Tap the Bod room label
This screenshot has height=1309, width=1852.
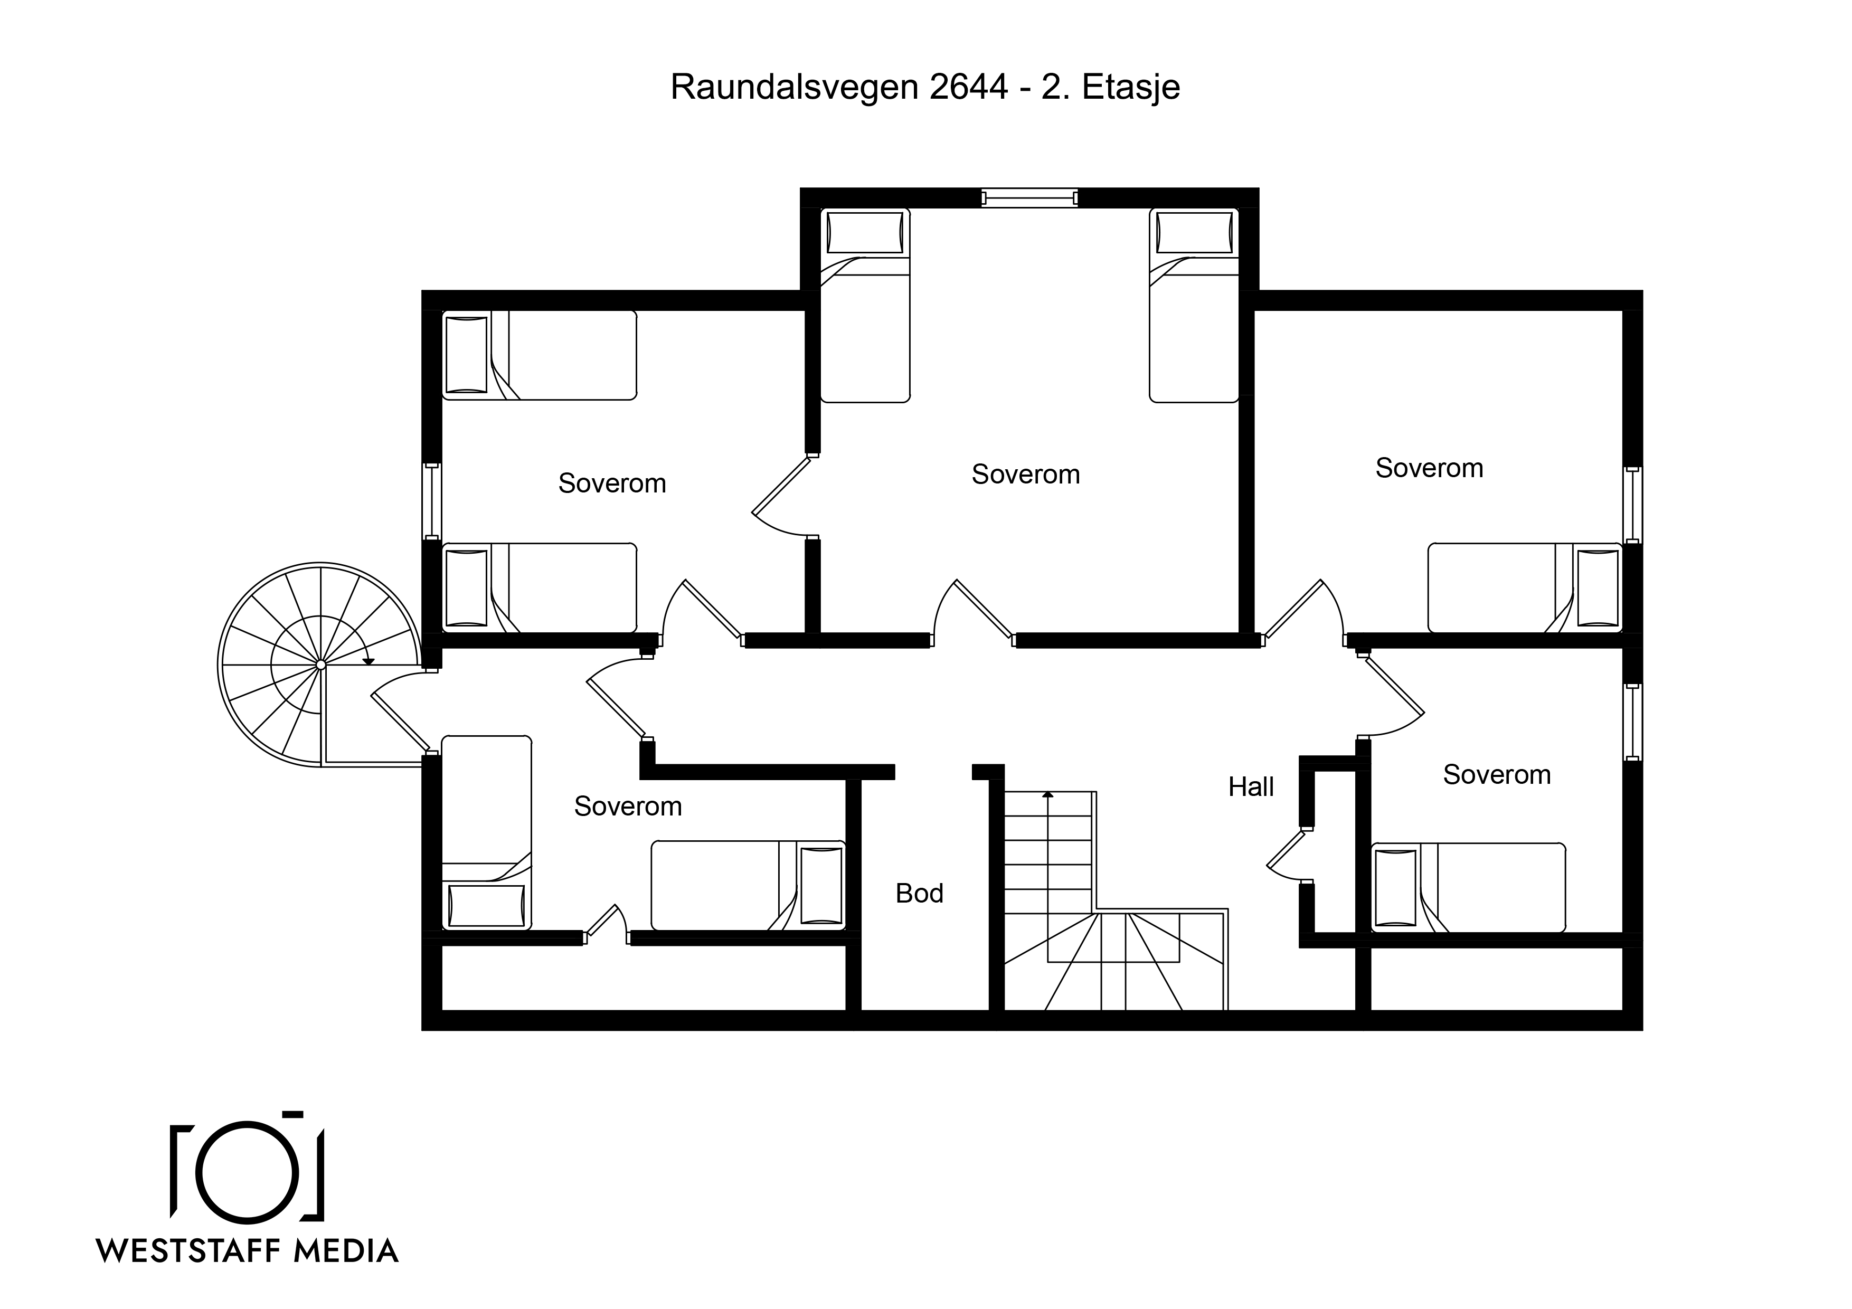pyautogui.click(x=920, y=893)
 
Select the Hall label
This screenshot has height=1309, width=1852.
pyautogui.click(x=1251, y=786)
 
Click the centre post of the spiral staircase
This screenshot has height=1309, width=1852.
pyautogui.click(x=320, y=665)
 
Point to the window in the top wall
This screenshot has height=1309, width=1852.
pyautogui.click(x=1029, y=197)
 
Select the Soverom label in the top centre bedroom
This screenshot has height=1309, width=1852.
pyautogui.click(x=1025, y=474)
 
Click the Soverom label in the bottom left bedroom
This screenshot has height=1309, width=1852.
pyautogui.click(x=628, y=807)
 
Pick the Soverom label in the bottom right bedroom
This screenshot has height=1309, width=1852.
pyautogui.click(x=1496, y=775)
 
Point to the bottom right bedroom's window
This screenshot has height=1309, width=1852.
pyautogui.click(x=1632, y=722)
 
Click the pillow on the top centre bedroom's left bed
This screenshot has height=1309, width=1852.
pyautogui.click(x=865, y=233)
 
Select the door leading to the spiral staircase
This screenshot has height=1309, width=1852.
pyautogui.click(x=399, y=722)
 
